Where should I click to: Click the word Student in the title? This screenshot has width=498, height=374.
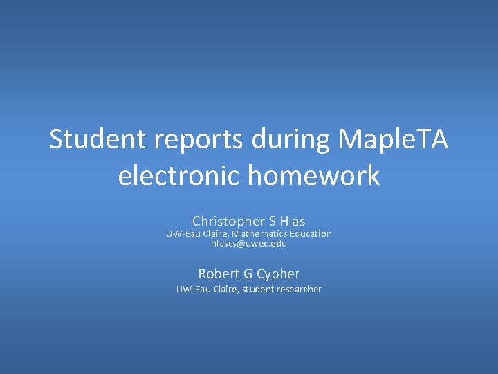(x=98, y=141)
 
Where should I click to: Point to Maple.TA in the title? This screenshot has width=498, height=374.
(x=394, y=141)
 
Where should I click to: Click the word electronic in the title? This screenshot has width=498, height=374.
(x=179, y=176)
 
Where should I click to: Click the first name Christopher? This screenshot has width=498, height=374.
(x=229, y=222)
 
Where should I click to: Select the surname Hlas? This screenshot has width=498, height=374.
(x=293, y=222)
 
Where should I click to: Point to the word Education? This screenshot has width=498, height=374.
(x=311, y=234)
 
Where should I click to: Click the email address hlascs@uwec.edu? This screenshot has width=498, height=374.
(x=249, y=244)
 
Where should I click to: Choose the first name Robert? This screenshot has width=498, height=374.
(x=218, y=274)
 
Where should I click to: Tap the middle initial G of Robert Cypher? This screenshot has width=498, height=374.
(x=247, y=274)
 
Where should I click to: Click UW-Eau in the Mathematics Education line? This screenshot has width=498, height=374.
(x=181, y=234)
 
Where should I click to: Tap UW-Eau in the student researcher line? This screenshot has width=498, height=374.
(x=192, y=290)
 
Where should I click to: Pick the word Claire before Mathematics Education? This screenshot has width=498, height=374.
(x=214, y=234)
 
